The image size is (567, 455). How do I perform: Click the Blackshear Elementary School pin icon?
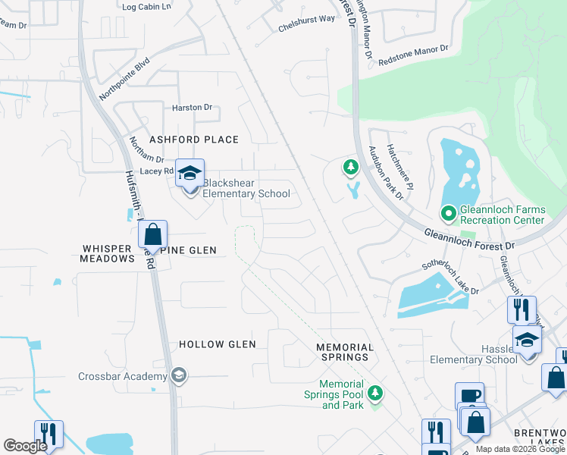point(190,173)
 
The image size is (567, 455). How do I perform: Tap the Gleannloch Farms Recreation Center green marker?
point(449,215)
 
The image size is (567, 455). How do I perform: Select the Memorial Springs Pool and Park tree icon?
point(374,394)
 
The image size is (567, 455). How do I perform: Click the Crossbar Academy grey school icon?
point(178,376)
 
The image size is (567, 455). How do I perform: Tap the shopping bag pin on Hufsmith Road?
point(152,234)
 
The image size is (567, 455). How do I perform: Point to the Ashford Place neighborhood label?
point(194,140)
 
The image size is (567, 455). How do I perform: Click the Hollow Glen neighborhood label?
point(217,344)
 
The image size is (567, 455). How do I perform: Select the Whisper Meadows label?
point(107,253)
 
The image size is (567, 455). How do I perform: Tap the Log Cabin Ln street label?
point(147,6)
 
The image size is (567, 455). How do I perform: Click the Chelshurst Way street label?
point(306,18)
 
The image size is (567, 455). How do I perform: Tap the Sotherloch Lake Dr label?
point(450,280)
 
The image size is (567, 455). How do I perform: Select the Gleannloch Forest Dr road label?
point(468,240)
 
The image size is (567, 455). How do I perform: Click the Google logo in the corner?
point(25,445)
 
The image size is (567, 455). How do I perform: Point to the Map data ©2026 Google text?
point(520,449)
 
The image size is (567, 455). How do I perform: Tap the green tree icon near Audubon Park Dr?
point(350,166)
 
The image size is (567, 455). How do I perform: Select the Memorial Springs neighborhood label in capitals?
point(345,347)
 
